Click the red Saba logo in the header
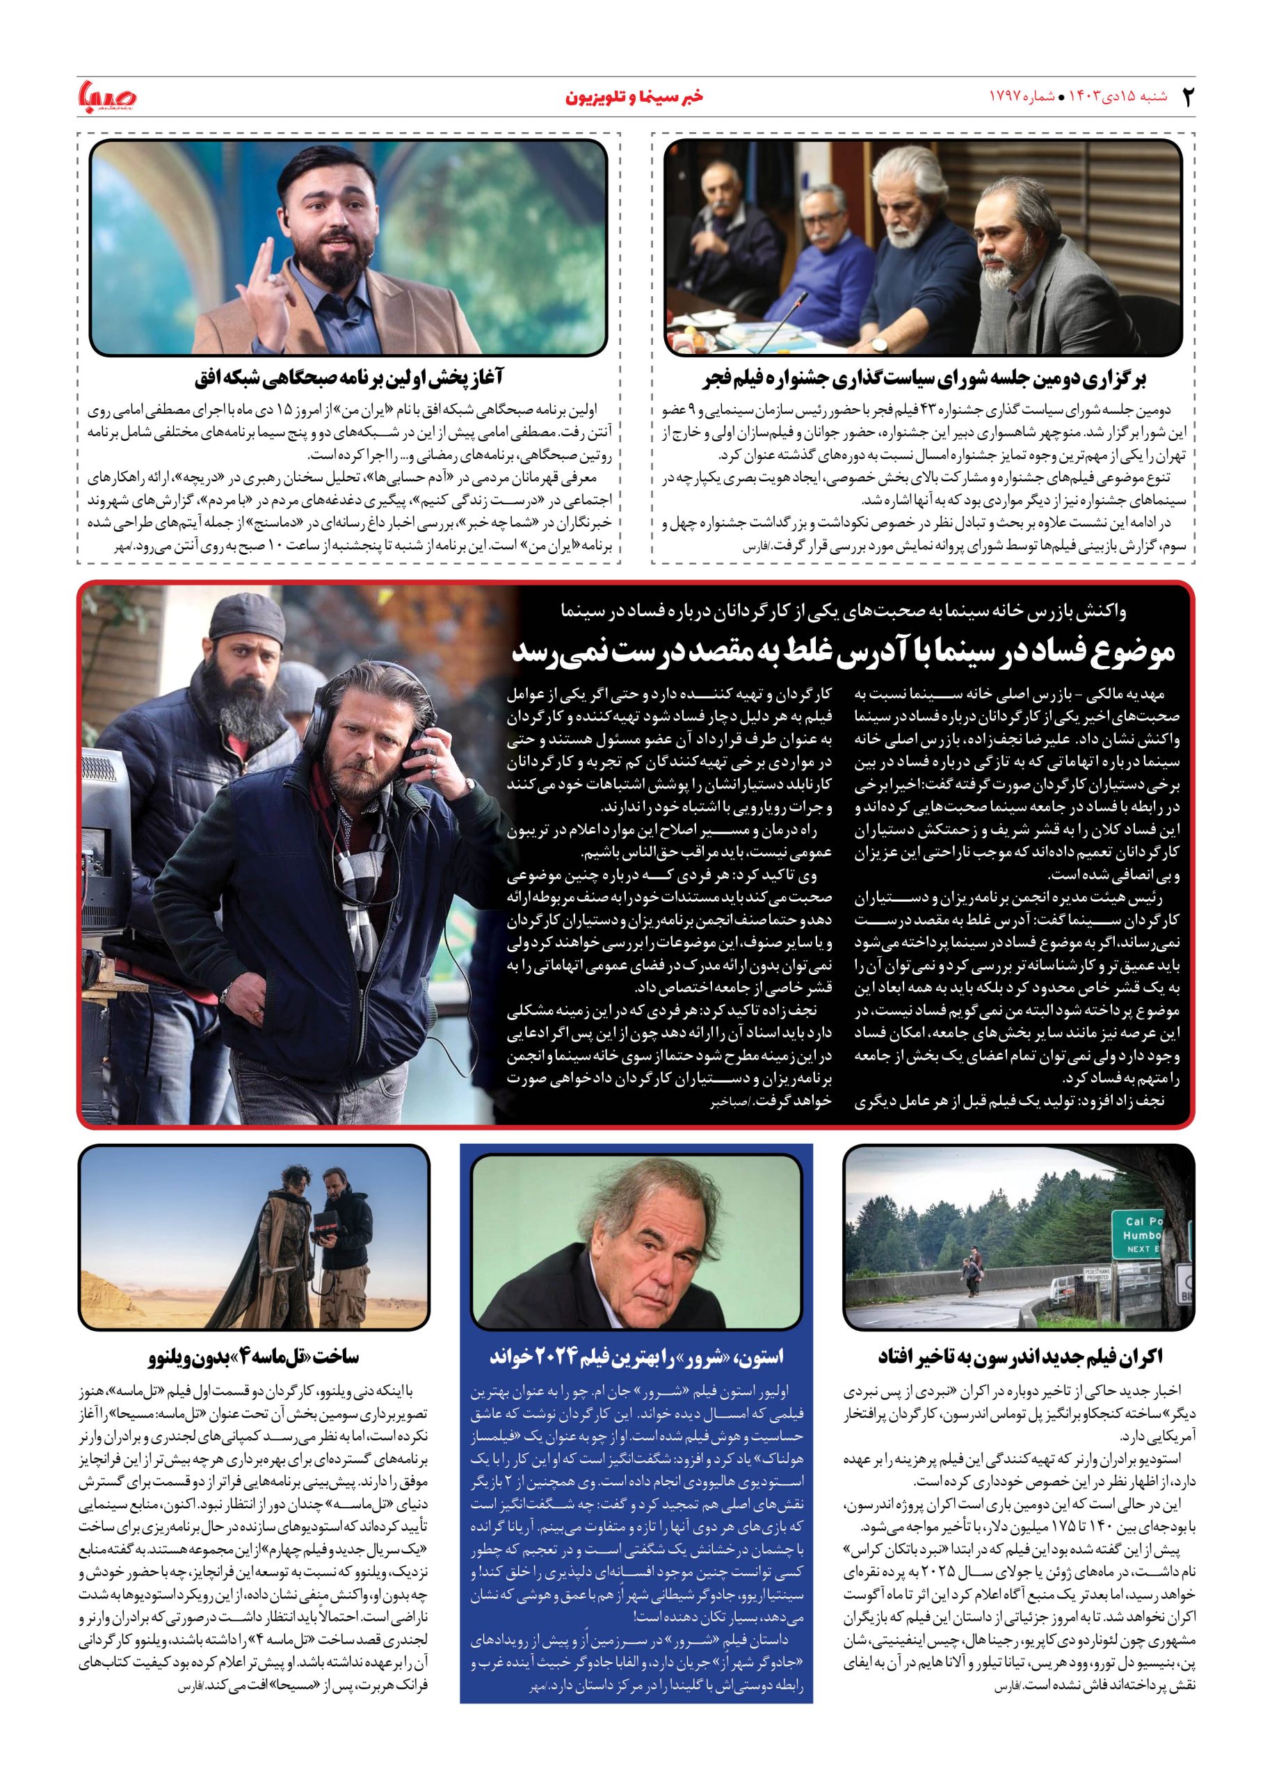[x=108, y=97]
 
